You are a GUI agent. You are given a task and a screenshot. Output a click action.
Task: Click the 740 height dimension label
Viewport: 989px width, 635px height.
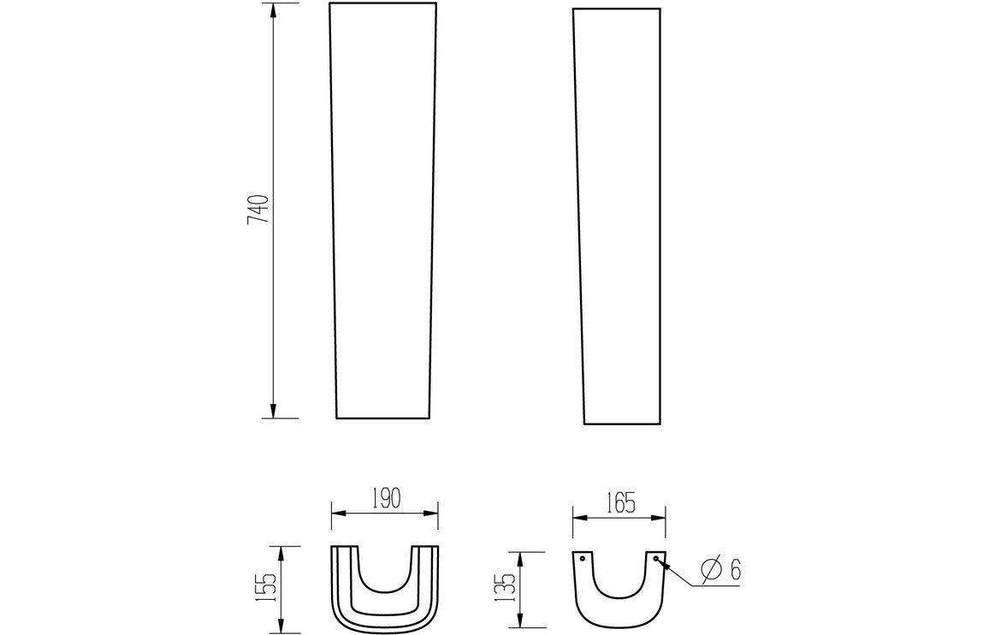pos(258,210)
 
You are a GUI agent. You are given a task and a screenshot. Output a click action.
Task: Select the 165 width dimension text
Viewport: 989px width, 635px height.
pos(619,503)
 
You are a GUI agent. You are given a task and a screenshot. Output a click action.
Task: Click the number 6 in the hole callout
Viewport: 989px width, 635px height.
pos(735,568)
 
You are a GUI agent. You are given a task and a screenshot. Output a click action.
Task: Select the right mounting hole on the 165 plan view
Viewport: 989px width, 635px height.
pos(655,559)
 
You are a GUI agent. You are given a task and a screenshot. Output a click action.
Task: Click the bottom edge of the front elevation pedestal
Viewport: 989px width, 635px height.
pos(382,418)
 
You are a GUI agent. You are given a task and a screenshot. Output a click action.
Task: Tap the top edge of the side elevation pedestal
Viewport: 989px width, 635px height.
pos(616,9)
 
